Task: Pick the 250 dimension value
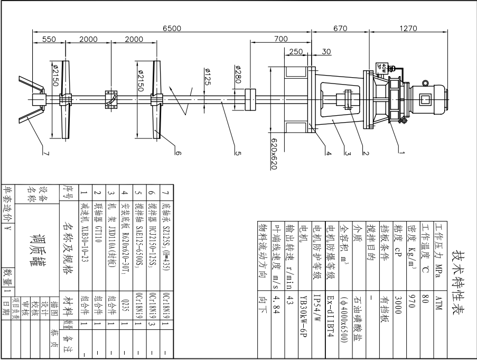click(296, 52)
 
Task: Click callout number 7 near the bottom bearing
click(46, 154)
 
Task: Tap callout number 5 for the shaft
click(238, 154)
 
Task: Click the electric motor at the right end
click(425, 99)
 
